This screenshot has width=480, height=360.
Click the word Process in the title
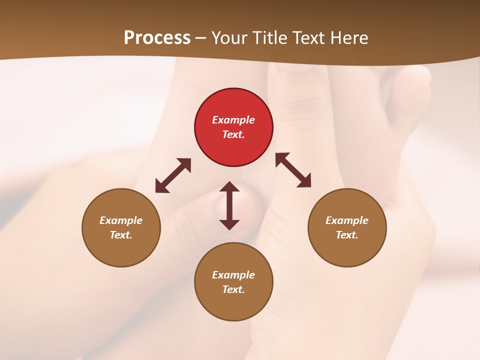(x=157, y=38)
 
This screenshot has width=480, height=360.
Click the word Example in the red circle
(x=233, y=120)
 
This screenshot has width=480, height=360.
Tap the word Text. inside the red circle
(x=233, y=134)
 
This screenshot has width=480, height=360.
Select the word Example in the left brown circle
(x=121, y=220)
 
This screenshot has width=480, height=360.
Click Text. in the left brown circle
(x=121, y=235)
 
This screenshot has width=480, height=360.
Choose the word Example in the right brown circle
(x=347, y=220)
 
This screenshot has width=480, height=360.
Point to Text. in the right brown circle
(x=347, y=235)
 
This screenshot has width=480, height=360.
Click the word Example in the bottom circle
(x=233, y=275)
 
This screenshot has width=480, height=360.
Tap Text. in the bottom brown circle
(x=233, y=289)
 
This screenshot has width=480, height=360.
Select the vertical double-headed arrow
(x=229, y=205)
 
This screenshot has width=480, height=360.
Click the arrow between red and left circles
(x=173, y=175)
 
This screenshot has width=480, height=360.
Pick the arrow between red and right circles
(x=293, y=170)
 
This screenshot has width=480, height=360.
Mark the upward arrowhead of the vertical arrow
(x=229, y=187)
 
